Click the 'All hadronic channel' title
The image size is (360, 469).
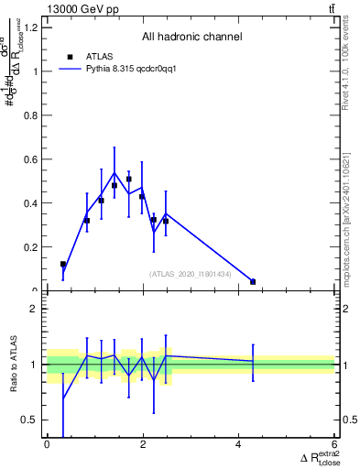tap(191, 38)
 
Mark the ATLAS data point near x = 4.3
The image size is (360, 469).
tap(253, 282)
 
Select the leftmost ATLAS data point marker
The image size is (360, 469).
tap(62, 264)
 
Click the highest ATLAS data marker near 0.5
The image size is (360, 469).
tap(129, 180)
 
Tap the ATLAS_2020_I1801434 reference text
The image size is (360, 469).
tap(191, 274)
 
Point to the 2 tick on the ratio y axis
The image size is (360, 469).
tap(35, 309)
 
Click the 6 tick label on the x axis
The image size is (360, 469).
tap(335, 444)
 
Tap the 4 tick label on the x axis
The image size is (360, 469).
tap(239, 444)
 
